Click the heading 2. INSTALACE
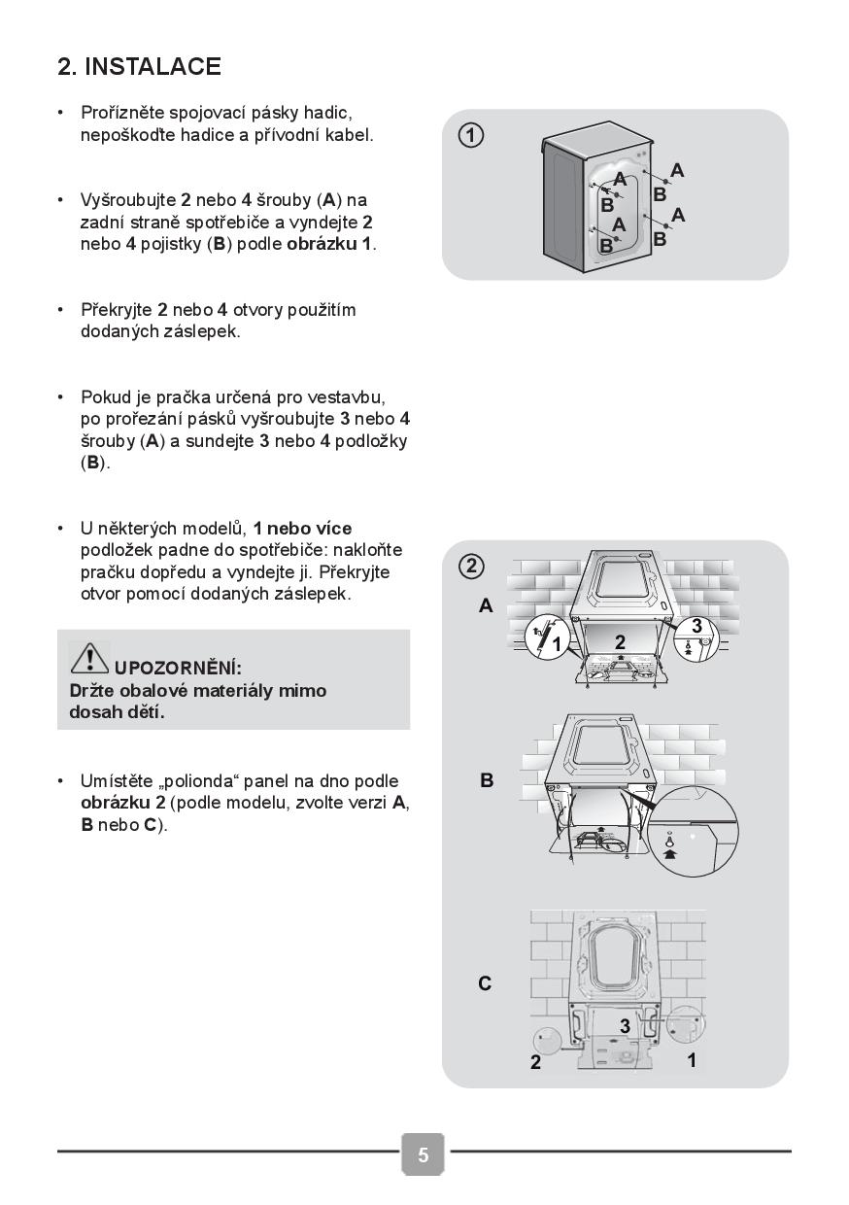[139, 67]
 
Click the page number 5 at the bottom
[424, 1154]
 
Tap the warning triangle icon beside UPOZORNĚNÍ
[89, 659]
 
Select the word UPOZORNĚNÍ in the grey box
[178, 669]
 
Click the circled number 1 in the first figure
[471, 136]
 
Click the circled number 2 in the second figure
[471, 566]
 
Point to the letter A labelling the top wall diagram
[486, 606]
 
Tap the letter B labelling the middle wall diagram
[487, 780]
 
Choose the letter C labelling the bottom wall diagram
[486, 983]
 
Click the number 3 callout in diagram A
[696, 627]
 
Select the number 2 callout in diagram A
[620, 641]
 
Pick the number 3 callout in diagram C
[625, 1026]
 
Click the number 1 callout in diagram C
[692, 1060]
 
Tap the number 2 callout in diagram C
[535, 1063]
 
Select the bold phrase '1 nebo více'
[302, 529]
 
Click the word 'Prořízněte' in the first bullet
[123, 114]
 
